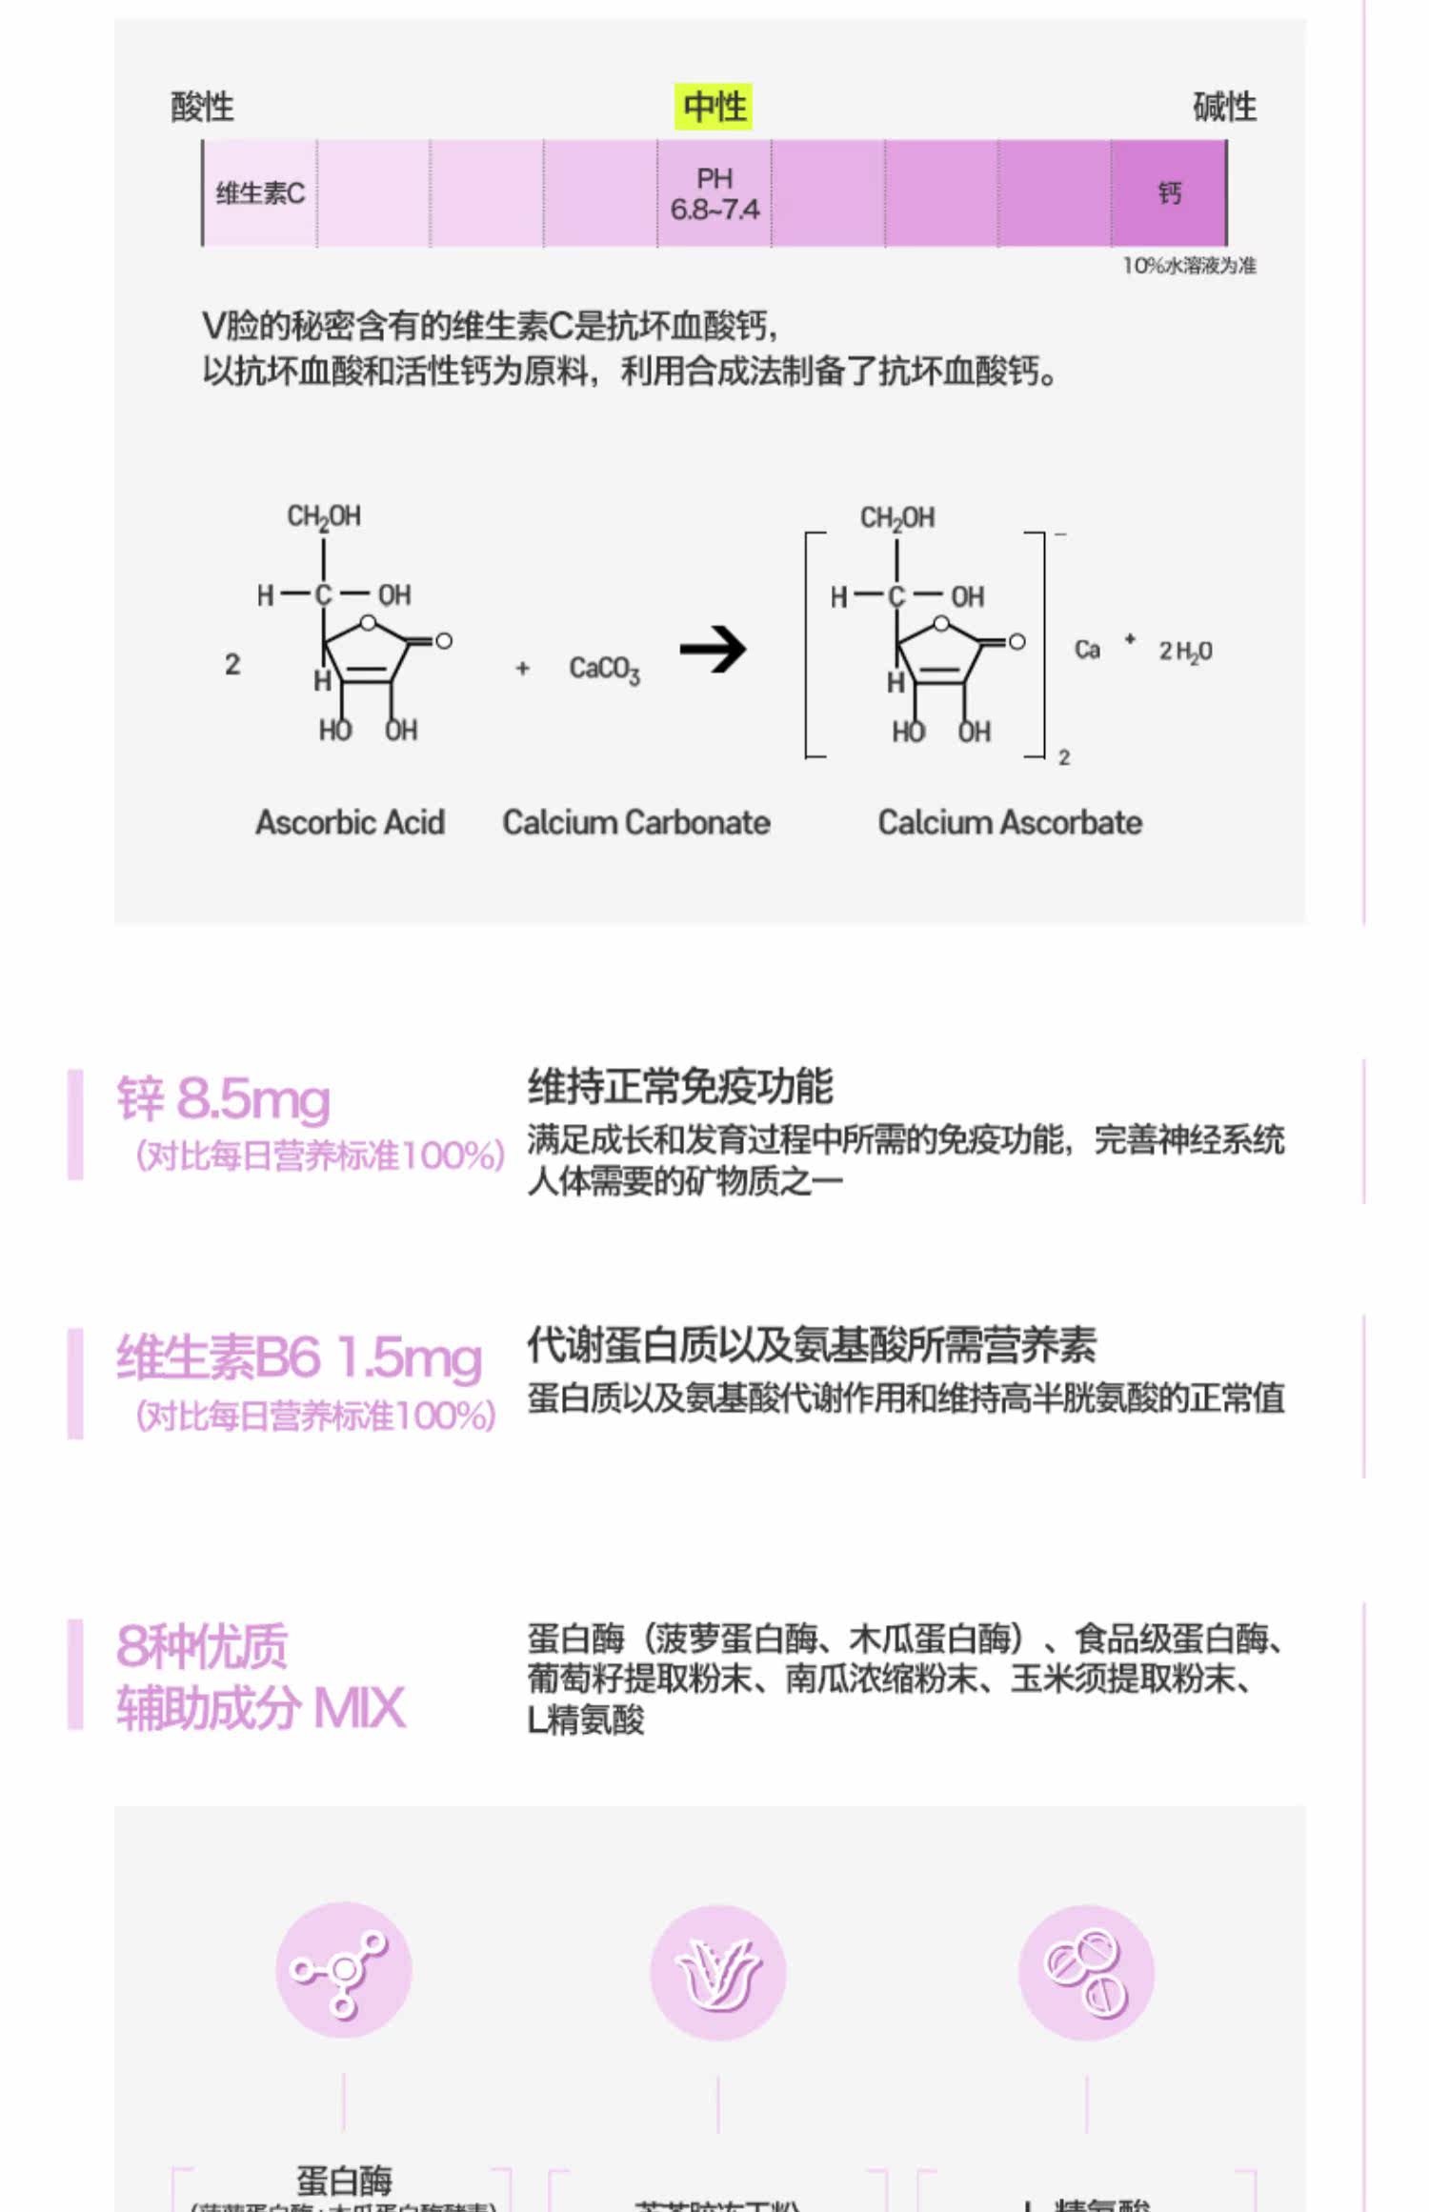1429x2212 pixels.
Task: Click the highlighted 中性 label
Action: pyautogui.click(x=714, y=106)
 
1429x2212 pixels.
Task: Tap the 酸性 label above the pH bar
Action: pyautogui.click(x=202, y=107)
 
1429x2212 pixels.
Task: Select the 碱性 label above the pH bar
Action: pyautogui.click(x=1224, y=107)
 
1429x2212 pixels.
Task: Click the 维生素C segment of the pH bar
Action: pyautogui.click(x=260, y=193)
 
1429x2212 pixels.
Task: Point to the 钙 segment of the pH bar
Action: pyautogui.click(x=1169, y=193)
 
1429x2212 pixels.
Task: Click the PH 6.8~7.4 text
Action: pyautogui.click(x=714, y=193)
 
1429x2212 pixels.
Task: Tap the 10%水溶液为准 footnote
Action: pyautogui.click(x=1189, y=266)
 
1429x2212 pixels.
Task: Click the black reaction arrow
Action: pyautogui.click(x=714, y=650)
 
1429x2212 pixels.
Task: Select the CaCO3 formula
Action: pyautogui.click(x=604, y=669)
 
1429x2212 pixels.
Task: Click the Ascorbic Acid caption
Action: pyautogui.click(x=350, y=822)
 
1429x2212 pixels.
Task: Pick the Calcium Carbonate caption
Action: pyautogui.click(x=636, y=822)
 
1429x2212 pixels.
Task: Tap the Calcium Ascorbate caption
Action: pyautogui.click(x=1010, y=822)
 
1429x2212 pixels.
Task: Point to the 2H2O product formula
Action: pyautogui.click(x=1185, y=652)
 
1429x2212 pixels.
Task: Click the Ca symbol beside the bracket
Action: pyautogui.click(x=1087, y=650)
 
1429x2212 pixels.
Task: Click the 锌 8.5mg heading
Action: pyautogui.click(x=224, y=1098)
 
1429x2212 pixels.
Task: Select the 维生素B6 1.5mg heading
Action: pyautogui.click(x=299, y=1357)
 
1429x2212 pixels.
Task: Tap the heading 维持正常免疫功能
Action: pyautogui.click(x=680, y=1086)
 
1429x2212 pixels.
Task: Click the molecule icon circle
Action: pyautogui.click(x=343, y=1969)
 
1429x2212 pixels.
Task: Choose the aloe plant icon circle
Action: pyautogui.click(x=718, y=1971)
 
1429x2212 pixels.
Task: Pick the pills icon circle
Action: pyautogui.click(x=1086, y=1971)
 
